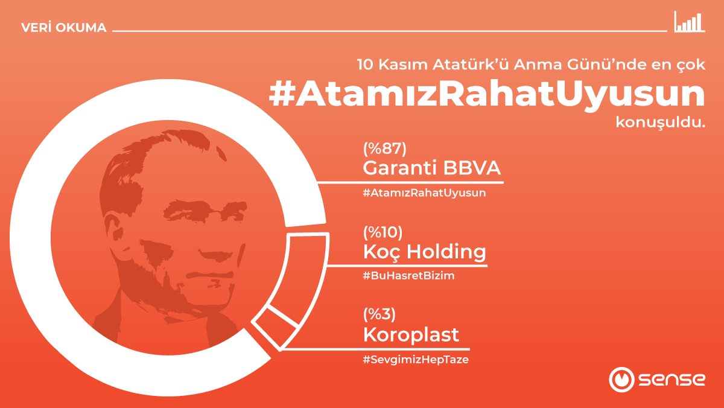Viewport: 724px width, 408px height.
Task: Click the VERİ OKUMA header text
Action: point(63,28)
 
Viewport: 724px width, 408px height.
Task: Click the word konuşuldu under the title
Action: point(660,123)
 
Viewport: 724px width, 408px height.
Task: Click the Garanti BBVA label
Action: point(432,168)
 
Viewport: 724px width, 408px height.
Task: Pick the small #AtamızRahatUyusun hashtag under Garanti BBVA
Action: point(424,193)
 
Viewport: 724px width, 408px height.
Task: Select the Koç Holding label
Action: point(424,252)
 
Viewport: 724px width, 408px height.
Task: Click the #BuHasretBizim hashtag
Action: point(408,276)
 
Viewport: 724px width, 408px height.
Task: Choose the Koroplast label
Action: point(411,334)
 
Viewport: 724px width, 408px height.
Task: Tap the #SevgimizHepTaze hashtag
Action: point(416,360)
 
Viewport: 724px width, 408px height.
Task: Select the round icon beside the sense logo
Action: point(620,380)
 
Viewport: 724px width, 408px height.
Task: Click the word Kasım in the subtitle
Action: point(408,65)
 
